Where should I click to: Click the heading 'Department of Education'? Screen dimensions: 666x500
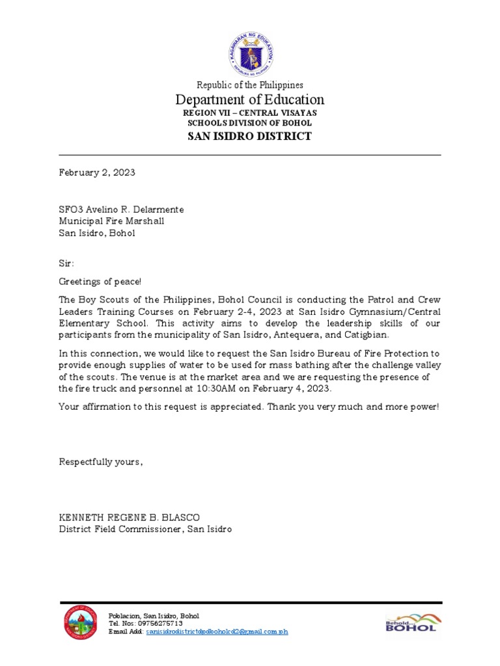pos(250,100)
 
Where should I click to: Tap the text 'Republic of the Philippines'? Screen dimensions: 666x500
pos(250,85)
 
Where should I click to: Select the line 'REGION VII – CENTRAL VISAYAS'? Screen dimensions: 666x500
pos(250,113)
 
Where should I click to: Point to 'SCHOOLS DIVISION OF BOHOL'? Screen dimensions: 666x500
pos(250,123)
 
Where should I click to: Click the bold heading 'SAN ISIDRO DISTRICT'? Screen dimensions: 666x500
pos(250,136)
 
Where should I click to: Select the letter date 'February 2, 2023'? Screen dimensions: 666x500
pos(97,172)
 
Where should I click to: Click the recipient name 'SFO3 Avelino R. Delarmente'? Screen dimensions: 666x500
pos(122,209)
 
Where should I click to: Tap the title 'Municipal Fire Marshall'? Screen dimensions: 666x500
pos(111,221)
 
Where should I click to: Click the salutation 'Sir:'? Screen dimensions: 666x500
pos(66,263)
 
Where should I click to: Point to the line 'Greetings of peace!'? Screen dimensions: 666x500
pos(100,282)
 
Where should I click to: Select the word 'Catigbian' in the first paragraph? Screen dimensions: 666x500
pos(367,334)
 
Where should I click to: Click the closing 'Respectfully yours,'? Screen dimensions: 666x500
pos(101,462)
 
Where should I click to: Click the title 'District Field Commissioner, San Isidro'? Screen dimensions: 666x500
pos(145,529)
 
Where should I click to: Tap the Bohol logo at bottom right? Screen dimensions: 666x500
pos(411,624)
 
